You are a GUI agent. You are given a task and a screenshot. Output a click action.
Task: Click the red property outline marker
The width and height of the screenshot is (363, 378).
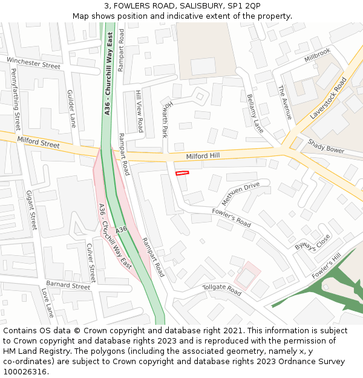[182, 173]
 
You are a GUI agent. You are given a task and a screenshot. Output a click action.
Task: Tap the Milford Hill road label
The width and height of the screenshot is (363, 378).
[204, 156]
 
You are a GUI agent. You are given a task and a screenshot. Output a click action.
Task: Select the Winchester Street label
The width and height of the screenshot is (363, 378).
[34, 62]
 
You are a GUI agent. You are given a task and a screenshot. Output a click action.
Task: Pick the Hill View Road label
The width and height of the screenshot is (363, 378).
[140, 111]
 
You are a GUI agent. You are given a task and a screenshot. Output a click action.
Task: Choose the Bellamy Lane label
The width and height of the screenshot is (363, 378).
[255, 113]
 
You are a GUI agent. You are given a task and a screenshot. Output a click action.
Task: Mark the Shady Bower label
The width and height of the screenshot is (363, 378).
[325, 146]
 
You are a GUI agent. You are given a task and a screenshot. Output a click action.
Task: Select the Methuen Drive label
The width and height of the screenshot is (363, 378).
[240, 192]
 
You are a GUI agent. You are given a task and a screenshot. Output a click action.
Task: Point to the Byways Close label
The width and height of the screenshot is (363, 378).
[313, 243]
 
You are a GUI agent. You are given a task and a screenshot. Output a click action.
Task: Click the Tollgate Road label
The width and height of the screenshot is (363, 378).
[221, 290]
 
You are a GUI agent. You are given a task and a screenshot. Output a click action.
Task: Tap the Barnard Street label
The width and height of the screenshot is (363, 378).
[68, 285]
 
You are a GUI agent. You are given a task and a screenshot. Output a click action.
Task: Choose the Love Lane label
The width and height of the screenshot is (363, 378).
[47, 303]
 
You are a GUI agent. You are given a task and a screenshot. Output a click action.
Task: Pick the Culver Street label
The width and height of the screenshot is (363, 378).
[91, 263]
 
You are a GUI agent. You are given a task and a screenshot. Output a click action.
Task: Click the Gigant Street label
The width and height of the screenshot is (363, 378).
[31, 210]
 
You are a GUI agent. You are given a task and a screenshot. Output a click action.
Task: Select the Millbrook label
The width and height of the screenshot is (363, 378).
[318, 55]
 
